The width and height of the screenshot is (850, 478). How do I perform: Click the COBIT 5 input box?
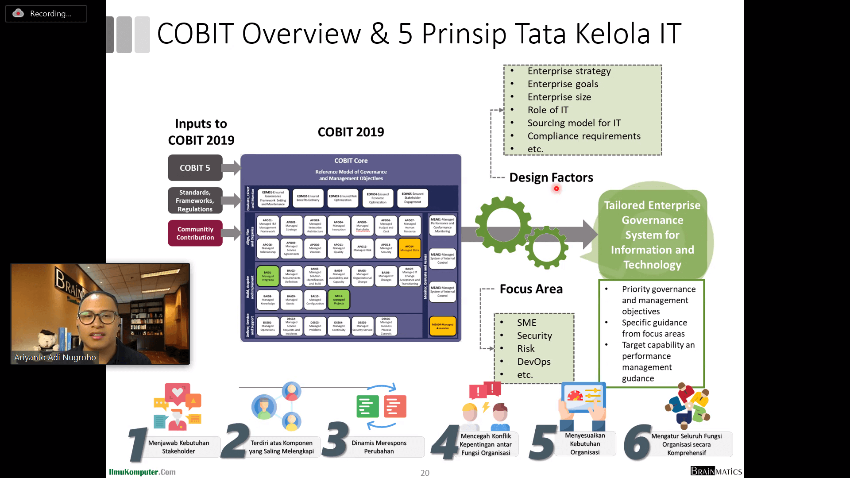pos(195,168)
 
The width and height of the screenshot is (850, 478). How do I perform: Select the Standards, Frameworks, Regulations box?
pos(195,200)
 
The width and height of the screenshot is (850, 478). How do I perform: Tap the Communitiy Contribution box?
pos(195,233)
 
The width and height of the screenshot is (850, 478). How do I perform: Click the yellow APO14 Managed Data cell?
pos(410,248)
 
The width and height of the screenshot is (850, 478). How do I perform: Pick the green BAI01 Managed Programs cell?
pos(268,276)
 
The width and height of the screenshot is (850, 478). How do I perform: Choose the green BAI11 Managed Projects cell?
pos(339,300)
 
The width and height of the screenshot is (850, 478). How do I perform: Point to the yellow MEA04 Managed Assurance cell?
pos(442,326)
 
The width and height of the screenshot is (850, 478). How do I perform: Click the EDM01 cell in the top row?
pos(273,198)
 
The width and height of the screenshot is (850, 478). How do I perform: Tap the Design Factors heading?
pos(551,177)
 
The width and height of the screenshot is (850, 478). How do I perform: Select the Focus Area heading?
pos(531,289)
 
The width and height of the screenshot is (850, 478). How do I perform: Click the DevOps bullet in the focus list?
pos(534,362)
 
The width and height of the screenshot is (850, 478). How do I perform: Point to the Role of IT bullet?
pos(548,110)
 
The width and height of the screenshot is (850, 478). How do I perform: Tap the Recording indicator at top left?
pos(46,14)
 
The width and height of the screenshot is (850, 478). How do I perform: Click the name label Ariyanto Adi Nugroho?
pos(55,358)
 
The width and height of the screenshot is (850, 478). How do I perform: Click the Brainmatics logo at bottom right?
pos(716,471)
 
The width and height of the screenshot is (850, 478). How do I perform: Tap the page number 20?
pos(425,473)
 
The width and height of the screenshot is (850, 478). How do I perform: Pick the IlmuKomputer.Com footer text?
pos(142,472)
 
